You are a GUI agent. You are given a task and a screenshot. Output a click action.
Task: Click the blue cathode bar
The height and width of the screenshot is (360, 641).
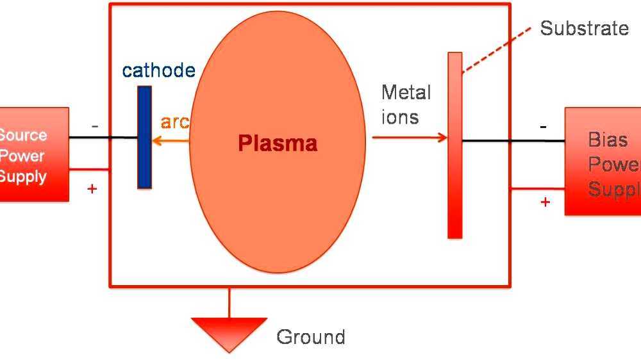pos(145,137)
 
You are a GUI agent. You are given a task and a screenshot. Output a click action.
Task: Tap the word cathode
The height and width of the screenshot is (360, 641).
pos(158,70)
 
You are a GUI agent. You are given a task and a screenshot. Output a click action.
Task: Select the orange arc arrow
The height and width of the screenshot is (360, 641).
pos(170,138)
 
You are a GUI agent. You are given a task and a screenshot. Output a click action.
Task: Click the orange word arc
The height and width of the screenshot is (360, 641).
pos(174,122)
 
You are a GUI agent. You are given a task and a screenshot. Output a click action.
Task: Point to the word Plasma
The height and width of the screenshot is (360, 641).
pos(278,143)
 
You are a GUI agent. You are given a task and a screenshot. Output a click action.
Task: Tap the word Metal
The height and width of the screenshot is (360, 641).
pos(406,92)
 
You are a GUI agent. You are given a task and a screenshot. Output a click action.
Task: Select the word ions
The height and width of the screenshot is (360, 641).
pos(400,117)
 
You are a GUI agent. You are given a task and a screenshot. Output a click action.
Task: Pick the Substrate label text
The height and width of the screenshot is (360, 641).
pos(584,28)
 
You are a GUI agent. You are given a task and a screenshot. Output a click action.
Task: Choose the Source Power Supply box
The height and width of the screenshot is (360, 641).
pos(32,154)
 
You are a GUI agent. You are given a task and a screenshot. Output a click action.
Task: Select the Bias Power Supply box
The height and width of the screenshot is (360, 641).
pos(603,161)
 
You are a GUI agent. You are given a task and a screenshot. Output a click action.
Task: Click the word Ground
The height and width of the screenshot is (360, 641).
pos(311,337)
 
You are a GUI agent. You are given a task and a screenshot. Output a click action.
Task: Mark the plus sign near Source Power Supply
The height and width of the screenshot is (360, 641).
pos(92,189)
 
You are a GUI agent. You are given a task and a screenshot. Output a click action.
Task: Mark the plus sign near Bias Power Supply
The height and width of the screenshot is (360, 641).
pos(545,202)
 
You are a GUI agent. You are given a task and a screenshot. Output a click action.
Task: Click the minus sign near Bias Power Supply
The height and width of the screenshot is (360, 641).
pos(544,127)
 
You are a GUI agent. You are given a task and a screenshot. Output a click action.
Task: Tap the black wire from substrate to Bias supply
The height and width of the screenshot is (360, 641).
pos(513,140)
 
